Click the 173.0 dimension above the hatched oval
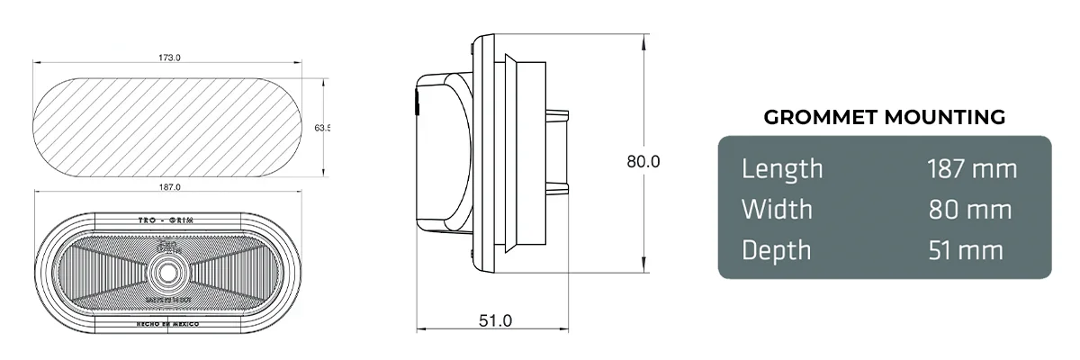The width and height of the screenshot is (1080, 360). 169,58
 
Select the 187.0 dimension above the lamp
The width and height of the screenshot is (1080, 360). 169,187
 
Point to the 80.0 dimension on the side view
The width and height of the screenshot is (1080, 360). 643,162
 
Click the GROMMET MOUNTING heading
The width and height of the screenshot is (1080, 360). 884,117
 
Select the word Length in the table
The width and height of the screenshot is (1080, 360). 782,168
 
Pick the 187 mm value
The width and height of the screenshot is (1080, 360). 971,168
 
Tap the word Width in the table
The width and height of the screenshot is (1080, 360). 777,210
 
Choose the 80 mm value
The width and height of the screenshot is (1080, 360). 971,210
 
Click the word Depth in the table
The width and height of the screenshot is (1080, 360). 776,250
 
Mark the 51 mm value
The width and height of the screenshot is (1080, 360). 965,250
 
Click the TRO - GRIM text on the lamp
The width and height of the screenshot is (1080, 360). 168,220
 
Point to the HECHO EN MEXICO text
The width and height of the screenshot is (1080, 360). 168,322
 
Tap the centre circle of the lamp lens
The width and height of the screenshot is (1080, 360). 168,271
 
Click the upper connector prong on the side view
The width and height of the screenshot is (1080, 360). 558,114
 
